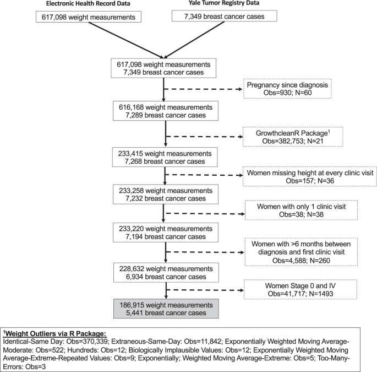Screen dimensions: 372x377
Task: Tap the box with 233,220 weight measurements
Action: click(x=163, y=238)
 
